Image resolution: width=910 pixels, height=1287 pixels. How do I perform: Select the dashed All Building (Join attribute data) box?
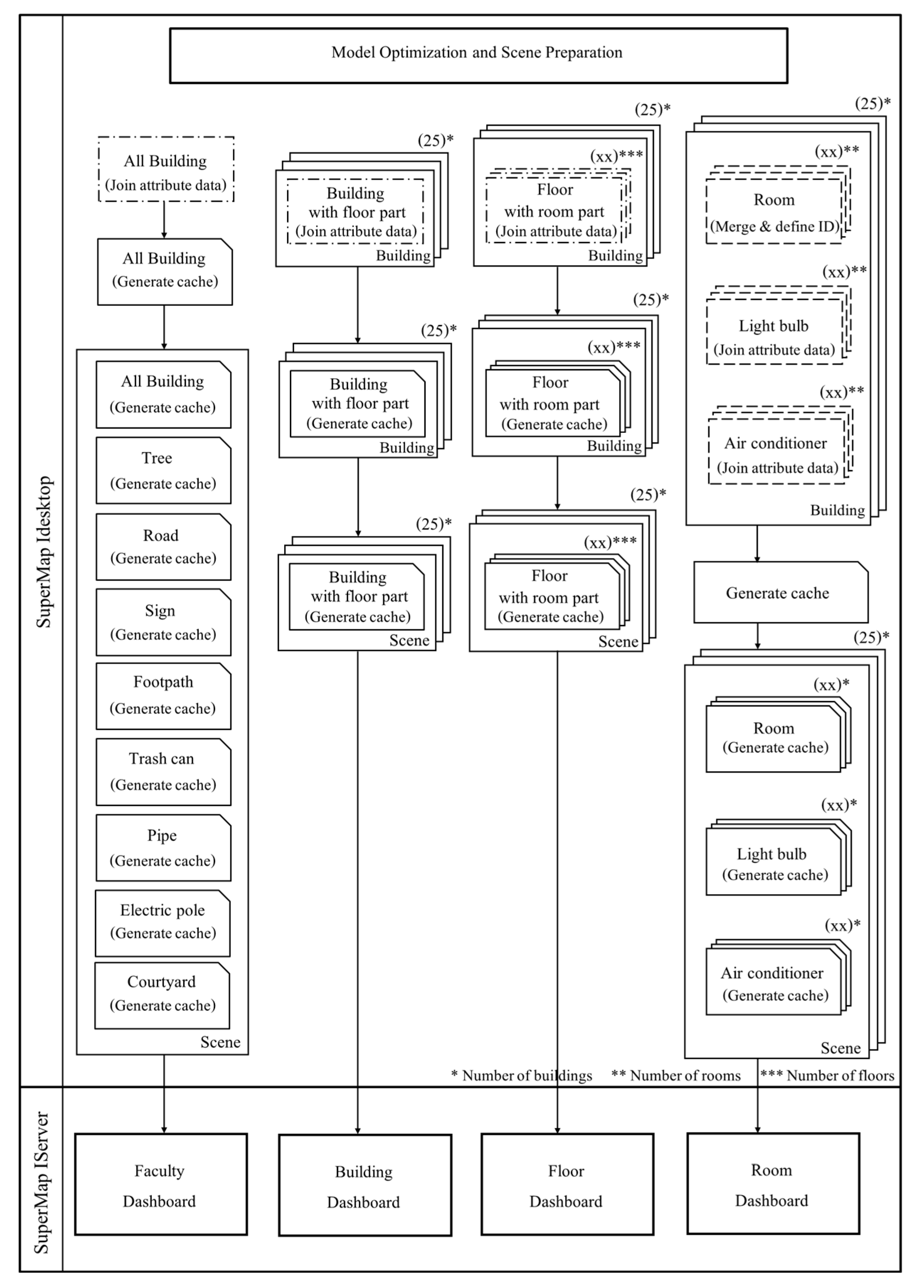click(165, 169)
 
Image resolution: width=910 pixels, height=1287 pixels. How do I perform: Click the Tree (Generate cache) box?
click(163, 471)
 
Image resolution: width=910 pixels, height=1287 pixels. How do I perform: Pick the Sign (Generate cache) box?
click(163, 622)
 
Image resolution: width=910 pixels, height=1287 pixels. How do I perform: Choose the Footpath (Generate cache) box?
click(163, 696)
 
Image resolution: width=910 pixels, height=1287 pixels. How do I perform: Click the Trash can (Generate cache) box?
click(163, 772)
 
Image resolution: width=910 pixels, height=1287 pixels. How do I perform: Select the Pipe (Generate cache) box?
click(163, 847)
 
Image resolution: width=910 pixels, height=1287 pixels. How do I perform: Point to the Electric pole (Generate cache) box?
click(163, 923)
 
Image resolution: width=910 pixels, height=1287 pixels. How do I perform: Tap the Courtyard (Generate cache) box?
click(162, 996)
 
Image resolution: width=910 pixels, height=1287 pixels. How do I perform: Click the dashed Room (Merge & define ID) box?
click(774, 211)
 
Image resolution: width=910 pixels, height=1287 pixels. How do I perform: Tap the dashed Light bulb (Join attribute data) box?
click(774, 332)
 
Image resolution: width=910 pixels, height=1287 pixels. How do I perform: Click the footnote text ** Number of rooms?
click(676, 1075)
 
